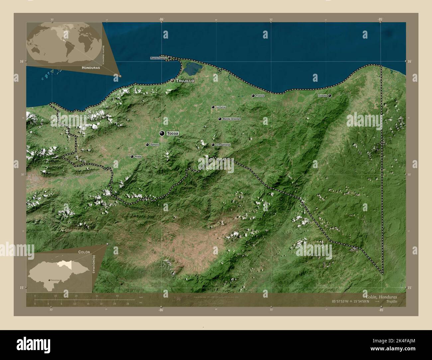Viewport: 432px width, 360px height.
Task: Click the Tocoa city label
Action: click(x=173, y=134)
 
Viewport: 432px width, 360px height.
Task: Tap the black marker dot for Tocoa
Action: click(x=162, y=134)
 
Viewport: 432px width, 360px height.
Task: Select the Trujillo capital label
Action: click(x=185, y=81)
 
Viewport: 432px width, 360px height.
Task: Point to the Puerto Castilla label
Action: click(x=158, y=58)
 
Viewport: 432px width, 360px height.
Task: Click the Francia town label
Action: click(x=260, y=96)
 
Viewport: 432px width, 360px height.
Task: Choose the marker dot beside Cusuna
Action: click(x=330, y=96)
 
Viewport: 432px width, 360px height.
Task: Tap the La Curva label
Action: click(x=221, y=107)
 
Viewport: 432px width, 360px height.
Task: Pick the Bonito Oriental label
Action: click(x=231, y=119)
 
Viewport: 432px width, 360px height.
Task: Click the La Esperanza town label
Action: click(x=223, y=145)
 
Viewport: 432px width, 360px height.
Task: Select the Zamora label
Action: click(x=155, y=145)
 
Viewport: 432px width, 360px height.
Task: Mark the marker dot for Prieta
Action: click(x=132, y=156)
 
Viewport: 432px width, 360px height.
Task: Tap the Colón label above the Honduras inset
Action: click(x=84, y=252)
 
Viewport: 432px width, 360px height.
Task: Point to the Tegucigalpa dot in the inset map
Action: click(x=50, y=280)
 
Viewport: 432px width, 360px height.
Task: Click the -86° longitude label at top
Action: click(x=161, y=20)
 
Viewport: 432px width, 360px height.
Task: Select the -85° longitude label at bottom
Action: click(x=381, y=310)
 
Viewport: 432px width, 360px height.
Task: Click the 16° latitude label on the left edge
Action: click(x=21, y=61)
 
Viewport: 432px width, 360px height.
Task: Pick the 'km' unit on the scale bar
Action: click(x=141, y=297)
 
